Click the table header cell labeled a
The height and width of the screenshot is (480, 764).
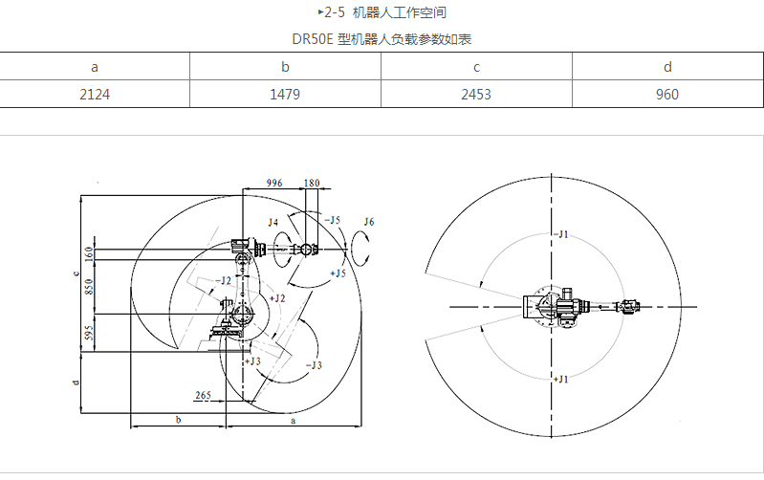coord(95,66)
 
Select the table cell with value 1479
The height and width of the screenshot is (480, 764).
coord(285,95)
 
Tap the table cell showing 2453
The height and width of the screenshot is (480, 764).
coord(476,95)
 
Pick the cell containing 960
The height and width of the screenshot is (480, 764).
coord(667,95)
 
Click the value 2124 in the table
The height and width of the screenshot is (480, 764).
coord(95,95)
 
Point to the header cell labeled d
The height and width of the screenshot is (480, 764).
coord(667,66)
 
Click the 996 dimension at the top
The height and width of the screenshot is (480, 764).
coord(273,182)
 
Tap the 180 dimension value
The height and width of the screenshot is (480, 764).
coord(312,182)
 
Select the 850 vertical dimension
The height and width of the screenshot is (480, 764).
coord(89,287)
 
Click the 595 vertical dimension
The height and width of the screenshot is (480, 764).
coord(89,332)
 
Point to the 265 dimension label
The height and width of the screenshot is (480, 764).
coord(203,394)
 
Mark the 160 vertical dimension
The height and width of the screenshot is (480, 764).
coord(89,253)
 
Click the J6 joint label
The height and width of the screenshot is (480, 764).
coord(369,222)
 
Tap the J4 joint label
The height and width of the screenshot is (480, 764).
coord(273,222)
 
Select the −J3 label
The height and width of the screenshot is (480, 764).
coord(313,364)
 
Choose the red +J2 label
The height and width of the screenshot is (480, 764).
coord(278,299)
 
